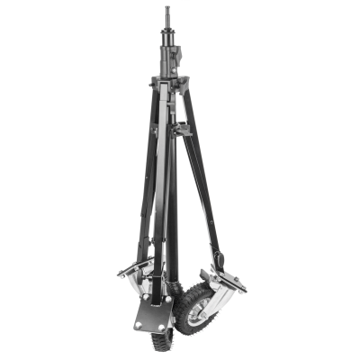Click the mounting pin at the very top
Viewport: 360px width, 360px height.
[x=168, y=16]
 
